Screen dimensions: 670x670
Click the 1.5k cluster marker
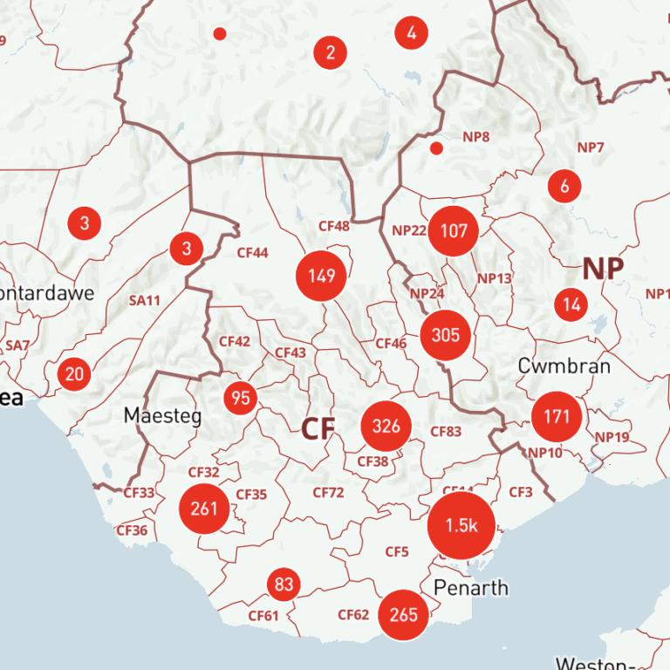(461, 525)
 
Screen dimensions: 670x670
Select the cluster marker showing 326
(386, 426)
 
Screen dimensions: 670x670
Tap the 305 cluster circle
(446, 334)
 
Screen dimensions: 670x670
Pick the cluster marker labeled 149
(322, 277)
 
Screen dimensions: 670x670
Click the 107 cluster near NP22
(454, 231)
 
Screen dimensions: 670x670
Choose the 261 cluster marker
(204, 508)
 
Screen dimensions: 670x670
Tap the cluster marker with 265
(404, 614)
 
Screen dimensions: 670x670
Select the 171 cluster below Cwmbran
(557, 416)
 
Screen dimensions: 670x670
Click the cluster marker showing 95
(242, 399)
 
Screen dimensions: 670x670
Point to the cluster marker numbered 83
(284, 584)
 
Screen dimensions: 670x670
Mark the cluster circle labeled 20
(75, 374)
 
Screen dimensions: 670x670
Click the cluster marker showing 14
(572, 304)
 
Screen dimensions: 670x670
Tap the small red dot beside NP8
(437, 148)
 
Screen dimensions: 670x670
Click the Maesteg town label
(162, 415)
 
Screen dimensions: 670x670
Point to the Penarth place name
(471, 587)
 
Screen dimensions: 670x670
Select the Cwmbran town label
(564, 366)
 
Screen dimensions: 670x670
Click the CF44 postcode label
(252, 253)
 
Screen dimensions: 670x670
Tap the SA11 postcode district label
(145, 301)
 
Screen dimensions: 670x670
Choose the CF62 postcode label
(353, 615)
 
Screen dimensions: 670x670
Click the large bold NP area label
(604, 268)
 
